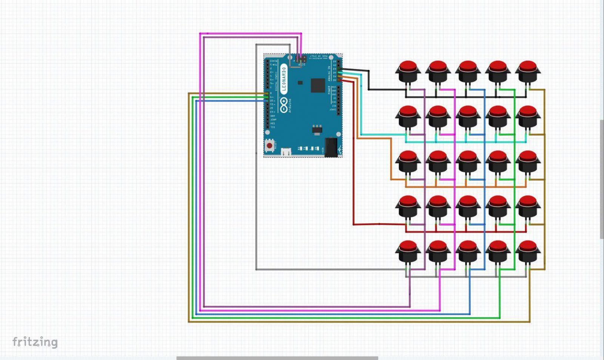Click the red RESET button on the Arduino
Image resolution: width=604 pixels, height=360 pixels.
[x=270, y=145]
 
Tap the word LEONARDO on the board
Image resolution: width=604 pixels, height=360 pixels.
[x=284, y=80]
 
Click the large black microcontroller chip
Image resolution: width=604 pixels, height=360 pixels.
[x=318, y=85]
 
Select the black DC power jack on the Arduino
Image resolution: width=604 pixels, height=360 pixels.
[x=331, y=147]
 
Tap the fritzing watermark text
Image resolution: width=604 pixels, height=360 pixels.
[x=35, y=342]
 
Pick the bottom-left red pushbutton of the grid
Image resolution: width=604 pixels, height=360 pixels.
[x=408, y=252]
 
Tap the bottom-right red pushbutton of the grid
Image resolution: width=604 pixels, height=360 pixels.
[x=528, y=252]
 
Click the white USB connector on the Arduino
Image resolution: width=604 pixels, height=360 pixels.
[x=286, y=151]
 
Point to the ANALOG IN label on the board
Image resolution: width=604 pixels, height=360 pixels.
[x=329, y=74]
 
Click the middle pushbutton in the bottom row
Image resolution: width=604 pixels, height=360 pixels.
[x=468, y=252]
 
